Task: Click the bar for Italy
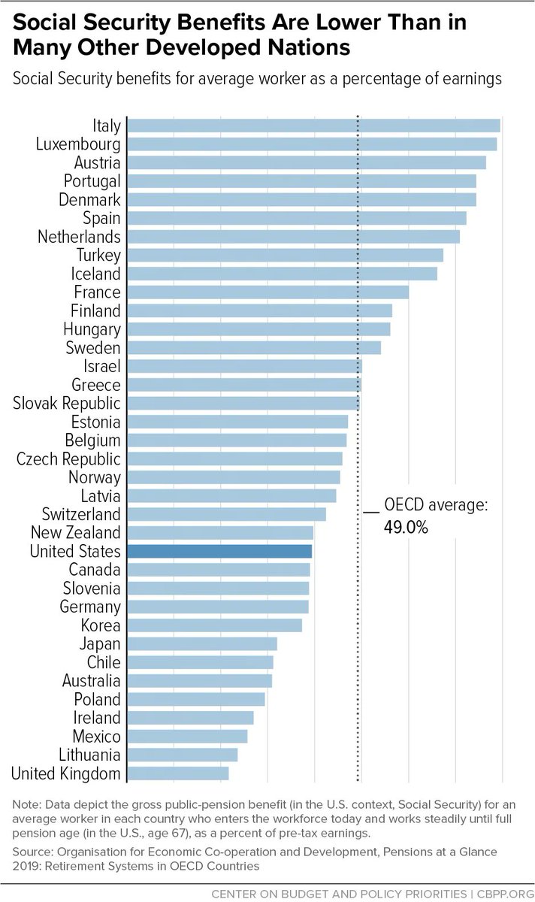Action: coord(313,126)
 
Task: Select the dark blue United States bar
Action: coord(219,551)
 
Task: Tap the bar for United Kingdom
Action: coord(178,773)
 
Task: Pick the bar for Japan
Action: coord(202,643)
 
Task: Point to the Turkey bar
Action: coord(285,255)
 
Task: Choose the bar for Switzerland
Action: coord(226,514)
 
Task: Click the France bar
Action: coord(267,292)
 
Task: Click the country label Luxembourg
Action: coord(78,144)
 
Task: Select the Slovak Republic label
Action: coord(67,403)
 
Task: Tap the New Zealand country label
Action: coord(75,532)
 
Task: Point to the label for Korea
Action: coord(101,625)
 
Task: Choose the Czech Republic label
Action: coord(68,459)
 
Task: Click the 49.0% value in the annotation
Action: coord(407,528)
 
